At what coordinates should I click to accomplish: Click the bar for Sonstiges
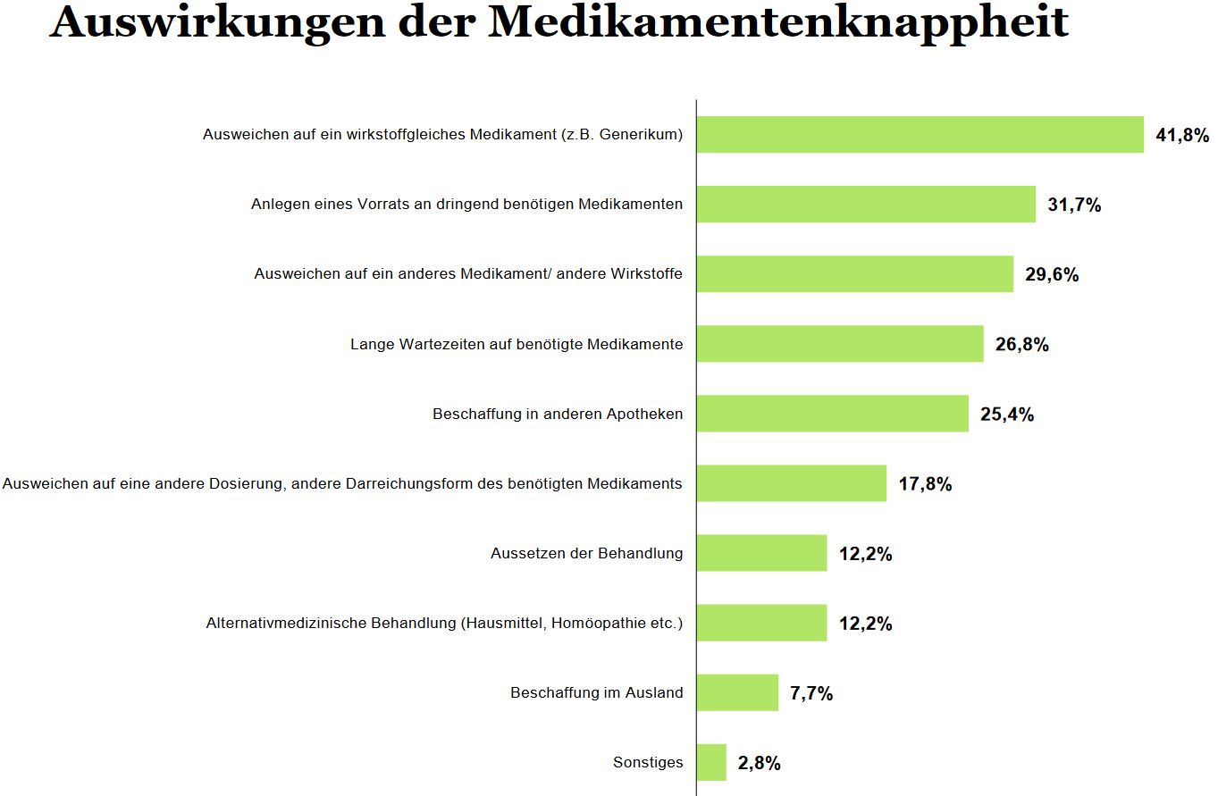(711, 762)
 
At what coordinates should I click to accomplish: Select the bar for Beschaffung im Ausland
(737, 692)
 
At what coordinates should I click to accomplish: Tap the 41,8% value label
(1182, 136)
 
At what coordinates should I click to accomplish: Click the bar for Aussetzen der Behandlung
(761, 553)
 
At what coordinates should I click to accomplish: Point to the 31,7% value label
(1074, 205)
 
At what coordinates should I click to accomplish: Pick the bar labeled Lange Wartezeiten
(840, 344)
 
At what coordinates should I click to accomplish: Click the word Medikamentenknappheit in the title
(778, 22)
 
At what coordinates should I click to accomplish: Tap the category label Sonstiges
(648, 763)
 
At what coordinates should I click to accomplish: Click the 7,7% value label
(811, 693)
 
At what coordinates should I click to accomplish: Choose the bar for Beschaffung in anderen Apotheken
(832, 414)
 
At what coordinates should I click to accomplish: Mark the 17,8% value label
(925, 484)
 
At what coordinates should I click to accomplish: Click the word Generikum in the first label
(643, 135)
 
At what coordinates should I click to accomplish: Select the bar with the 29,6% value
(855, 274)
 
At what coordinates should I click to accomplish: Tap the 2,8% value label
(760, 764)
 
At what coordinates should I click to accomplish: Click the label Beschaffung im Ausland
(597, 693)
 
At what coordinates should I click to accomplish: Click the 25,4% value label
(1007, 415)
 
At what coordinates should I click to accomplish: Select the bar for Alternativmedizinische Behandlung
(761, 623)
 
